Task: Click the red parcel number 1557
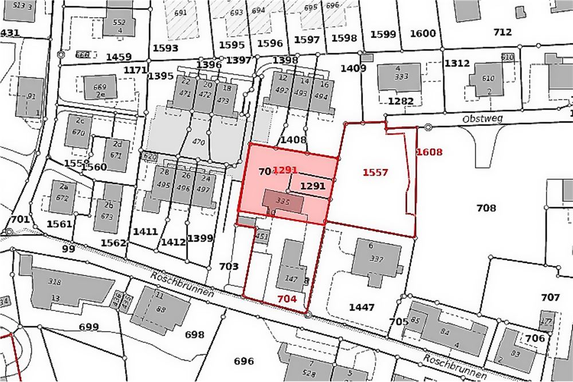pyautogui.click(x=375, y=172)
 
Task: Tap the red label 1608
pyautogui.click(x=429, y=152)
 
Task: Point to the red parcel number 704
pyautogui.click(x=286, y=298)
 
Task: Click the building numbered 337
pyautogui.click(x=376, y=259)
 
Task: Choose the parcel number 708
pyautogui.click(x=486, y=208)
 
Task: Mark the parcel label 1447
pyautogui.click(x=362, y=307)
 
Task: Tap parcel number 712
pyautogui.click(x=502, y=32)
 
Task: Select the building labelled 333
pyautogui.click(x=401, y=76)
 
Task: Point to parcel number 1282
pyautogui.click(x=401, y=101)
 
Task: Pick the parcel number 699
pyautogui.click(x=89, y=327)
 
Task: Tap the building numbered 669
pyautogui.click(x=100, y=87)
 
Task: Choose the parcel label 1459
pyautogui.click(x=119, y=57)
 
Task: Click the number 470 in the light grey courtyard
pyautogui.click(x=198, y=141)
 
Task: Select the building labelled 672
pyautogui.click(x=63, y=198)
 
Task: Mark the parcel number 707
pyautogui.click(x=550, y=297)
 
